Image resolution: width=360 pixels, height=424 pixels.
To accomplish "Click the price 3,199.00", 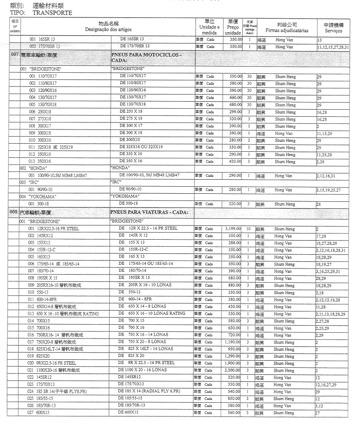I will (x=232, y=229).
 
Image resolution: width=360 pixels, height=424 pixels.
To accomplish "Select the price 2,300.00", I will (x=232, y=370).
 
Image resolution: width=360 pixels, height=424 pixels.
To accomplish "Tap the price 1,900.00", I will (x=232, y=363).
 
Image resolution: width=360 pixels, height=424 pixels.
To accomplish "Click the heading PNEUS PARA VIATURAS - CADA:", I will (x=149, y=212).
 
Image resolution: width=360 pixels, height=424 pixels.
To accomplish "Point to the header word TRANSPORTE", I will (x=52, y=13).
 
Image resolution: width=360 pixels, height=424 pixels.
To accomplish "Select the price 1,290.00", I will (x=232, y=356).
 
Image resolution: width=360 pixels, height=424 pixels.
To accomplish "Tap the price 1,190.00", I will (x=232, y=342).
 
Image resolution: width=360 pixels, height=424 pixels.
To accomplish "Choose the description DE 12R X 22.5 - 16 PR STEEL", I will (x=147, y=229).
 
